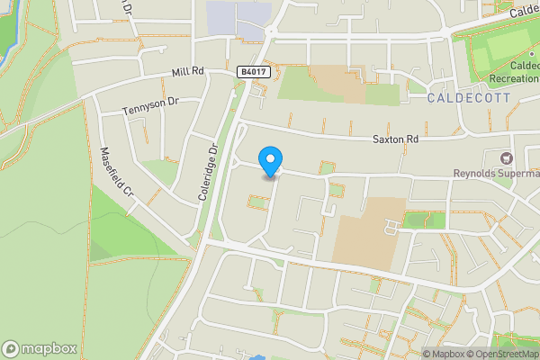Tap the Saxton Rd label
(x=396, y=139)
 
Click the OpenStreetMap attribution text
(x=505, y=354)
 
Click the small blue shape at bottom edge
(x=258, y=357)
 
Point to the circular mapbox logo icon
(x=11, y=348)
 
